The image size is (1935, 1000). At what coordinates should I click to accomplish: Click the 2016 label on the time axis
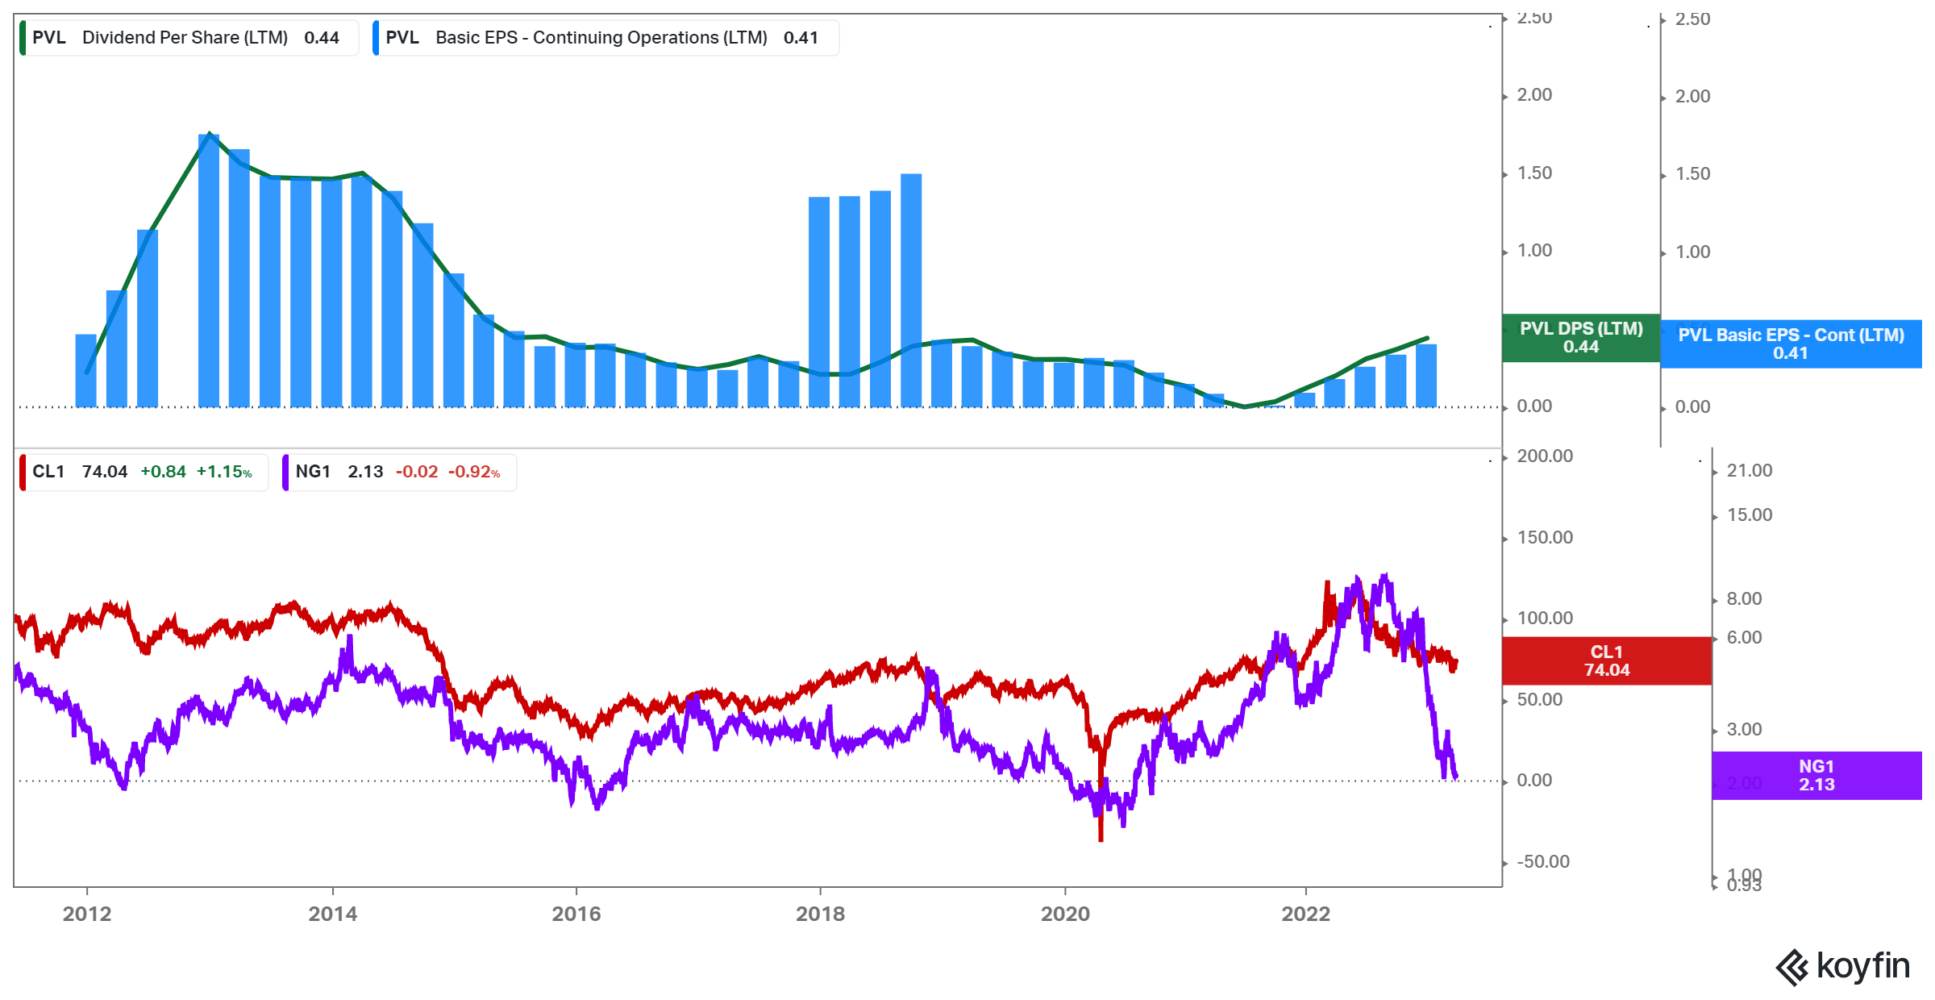[576, 914]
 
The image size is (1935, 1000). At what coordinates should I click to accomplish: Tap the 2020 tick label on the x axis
[1064, 914]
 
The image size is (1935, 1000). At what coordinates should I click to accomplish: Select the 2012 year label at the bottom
[87, 914]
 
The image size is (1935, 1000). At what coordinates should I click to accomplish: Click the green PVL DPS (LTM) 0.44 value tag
[1580, 338]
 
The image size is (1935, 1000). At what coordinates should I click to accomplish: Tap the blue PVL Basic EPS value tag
[1791, 344]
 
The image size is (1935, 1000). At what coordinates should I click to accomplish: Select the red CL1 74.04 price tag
[1606, 661]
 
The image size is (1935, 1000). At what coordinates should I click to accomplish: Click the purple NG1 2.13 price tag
[1816, 776]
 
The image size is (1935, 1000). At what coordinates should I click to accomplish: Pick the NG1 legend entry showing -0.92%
[399, 472]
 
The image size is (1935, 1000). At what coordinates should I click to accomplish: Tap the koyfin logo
[1842, 967]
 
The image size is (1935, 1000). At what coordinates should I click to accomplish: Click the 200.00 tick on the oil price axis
[1544, 456]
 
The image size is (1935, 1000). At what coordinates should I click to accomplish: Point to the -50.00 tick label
[1542, 862]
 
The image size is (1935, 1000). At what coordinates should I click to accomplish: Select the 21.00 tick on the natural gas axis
[1749, 471]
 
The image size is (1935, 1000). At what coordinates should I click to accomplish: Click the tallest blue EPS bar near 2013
[209, 270]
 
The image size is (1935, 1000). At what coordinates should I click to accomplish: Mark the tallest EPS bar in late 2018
[911, 290]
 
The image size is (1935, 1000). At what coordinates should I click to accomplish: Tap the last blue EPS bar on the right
[1426, 376]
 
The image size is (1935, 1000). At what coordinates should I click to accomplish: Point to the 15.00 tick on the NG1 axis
[1749, 515]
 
